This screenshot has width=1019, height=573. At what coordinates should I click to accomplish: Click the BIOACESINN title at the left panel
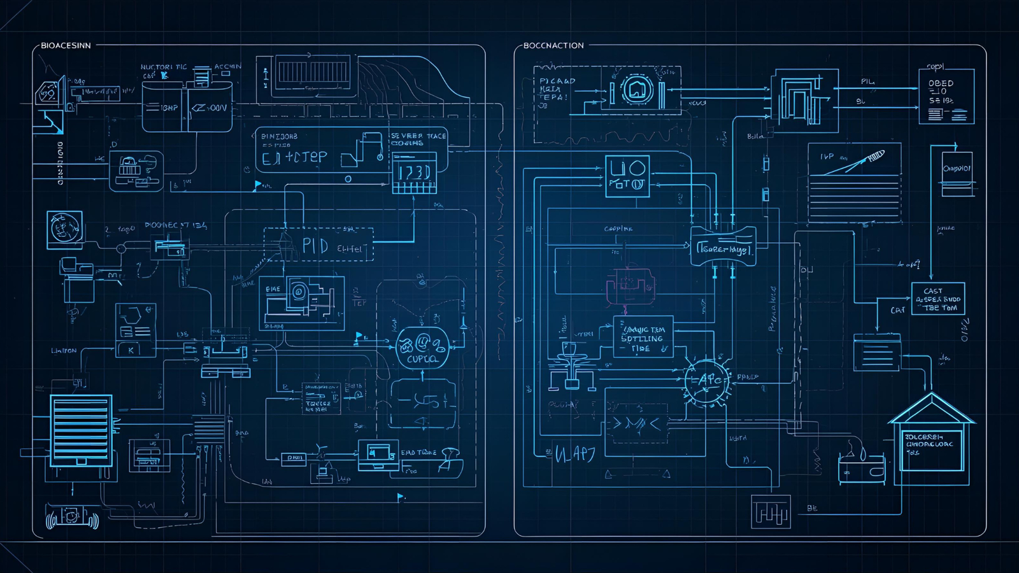[x=66, y=45]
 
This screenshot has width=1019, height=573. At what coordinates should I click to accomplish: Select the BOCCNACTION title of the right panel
[x=553, y=45]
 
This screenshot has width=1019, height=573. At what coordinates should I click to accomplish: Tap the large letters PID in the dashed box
[x=315, y=246]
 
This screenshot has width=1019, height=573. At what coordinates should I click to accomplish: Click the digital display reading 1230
[x=414, y=173]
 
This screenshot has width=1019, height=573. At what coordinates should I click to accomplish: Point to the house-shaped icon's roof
[x=931, y=409]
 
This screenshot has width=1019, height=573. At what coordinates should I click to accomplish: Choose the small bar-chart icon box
[x=771, y=512]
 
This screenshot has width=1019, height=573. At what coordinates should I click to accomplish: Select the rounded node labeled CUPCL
[x=422, y=348]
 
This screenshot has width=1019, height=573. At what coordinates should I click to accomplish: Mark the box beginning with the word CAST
[x=937, y=299]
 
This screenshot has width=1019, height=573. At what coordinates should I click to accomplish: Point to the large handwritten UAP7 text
[x=575, y=453]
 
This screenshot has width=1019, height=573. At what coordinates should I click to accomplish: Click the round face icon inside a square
[x=64, y=228]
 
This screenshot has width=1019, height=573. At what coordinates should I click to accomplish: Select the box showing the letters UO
[x=627, y=176]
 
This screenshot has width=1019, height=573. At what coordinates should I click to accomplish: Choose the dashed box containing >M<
[x=636, y=423]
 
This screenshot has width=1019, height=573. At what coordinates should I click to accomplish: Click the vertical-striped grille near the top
[x=313, y=71]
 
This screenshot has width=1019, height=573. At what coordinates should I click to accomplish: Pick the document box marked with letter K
[x=135, y=330]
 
